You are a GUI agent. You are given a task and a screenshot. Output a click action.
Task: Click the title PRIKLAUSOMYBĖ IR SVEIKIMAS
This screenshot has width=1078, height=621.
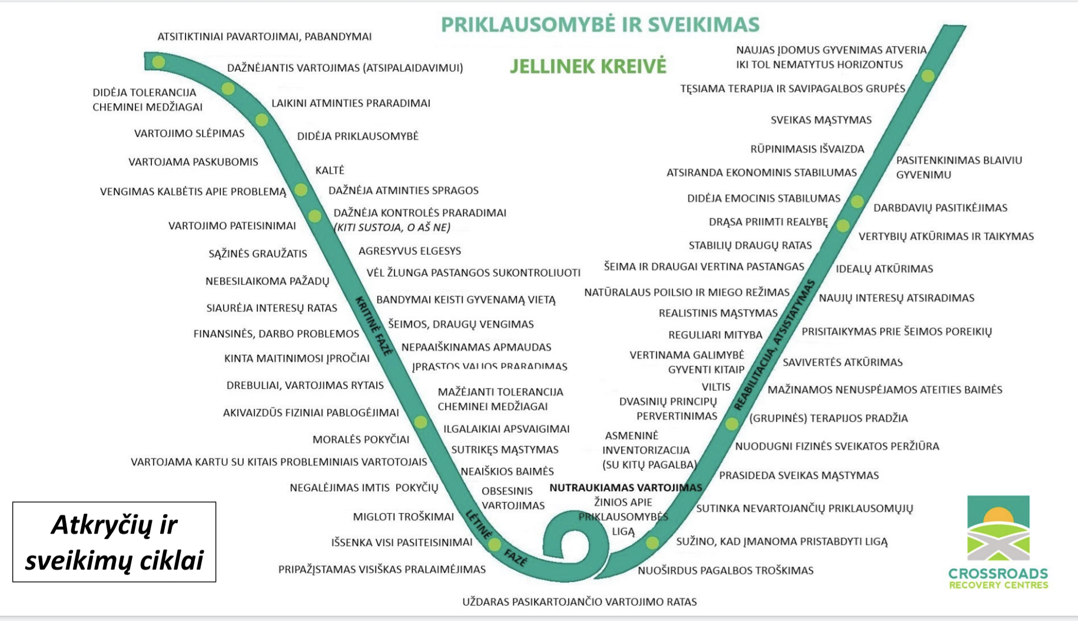(600, 25)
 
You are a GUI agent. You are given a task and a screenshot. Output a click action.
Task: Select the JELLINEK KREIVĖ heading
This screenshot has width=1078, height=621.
(588, 66)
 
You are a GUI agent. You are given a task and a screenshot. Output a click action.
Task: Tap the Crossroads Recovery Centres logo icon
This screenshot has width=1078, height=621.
(998, 528)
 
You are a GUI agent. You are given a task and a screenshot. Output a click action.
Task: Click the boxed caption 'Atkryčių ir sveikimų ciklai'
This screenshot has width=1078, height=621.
(114, 542)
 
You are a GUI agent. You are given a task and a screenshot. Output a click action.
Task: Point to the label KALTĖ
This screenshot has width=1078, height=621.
(330, 171)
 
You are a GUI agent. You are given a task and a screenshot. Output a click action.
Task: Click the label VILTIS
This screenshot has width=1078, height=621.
(716, 387)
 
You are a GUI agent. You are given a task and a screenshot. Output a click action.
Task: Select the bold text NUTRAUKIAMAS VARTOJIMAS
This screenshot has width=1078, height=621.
(625, 488)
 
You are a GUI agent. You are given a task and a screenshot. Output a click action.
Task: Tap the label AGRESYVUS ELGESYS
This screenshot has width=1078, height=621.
(410, 251)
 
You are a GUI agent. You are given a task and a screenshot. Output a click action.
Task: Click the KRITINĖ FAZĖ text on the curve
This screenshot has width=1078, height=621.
(374, 326)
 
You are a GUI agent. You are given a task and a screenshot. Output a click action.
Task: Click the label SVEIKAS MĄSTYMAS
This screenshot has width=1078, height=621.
(821, 120)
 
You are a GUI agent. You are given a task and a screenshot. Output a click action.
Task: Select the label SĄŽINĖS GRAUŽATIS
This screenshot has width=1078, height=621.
(258, 254)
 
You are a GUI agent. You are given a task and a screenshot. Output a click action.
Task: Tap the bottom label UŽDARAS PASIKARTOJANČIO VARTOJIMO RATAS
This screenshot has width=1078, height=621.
(579, 602)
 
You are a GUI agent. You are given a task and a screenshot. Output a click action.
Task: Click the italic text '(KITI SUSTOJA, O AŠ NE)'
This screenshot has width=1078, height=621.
(392, 228)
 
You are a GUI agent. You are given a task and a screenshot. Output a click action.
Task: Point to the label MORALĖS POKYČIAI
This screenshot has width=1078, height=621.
(361, 440)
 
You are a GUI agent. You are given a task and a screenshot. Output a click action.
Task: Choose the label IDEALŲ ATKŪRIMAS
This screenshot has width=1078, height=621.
(884, 269)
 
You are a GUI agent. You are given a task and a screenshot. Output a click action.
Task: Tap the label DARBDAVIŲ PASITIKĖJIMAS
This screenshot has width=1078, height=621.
(940, 208)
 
